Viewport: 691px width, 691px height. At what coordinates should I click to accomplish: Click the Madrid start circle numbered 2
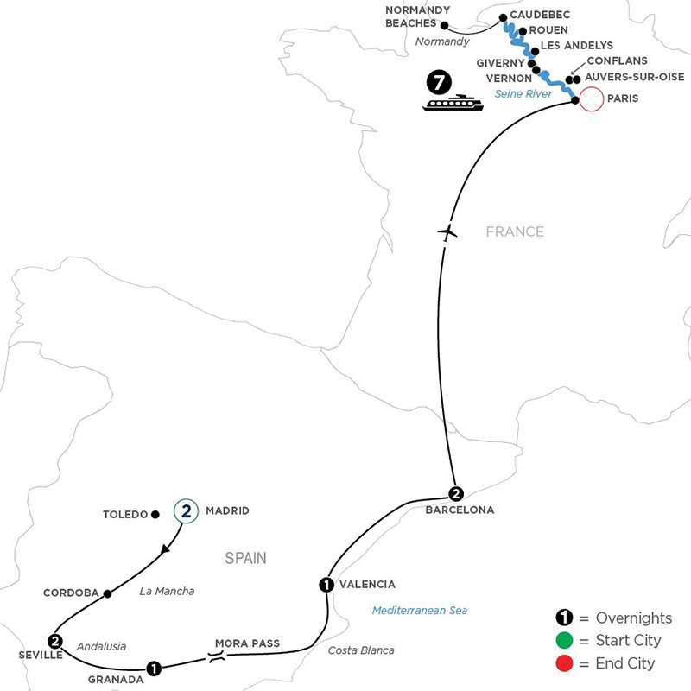click(x=186, y=510)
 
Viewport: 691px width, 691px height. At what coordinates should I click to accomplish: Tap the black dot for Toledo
click(x=155, y=514)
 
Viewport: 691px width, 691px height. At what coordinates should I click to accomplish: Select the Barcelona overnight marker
click(x=456, y=493)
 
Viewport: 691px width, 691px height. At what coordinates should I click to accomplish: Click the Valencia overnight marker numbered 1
click(x=326, y=585)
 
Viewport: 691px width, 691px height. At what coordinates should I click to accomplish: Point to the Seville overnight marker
click(x=54, y=641)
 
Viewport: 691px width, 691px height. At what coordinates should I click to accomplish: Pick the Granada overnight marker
click(x=154, y=669)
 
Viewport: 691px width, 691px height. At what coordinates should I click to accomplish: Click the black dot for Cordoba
click(x=107, y=593)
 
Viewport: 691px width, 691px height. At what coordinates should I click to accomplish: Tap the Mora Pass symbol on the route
click(x=217, y=656)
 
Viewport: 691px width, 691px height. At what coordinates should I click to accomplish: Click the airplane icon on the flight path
click(x=447, y=232)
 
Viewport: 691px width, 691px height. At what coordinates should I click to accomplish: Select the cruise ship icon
click(x=453, y=102)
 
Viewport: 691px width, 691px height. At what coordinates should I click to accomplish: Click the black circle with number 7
click(x=439, y=82)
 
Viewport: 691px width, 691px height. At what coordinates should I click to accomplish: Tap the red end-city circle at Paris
click(x=591, y=98)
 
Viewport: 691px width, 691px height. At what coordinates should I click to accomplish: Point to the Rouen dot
click(x=523, y=31)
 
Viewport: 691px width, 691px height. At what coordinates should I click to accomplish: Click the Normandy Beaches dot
click(x=445, y=26)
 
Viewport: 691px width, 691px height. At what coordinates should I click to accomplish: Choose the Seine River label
click(x=523, y=94)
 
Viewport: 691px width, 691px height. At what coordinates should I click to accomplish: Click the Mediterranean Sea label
click(x=420, y=611)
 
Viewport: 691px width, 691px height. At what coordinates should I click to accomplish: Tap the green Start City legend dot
click(x=564, y=640)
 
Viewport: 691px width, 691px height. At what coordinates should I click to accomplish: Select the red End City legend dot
click(x=564, y=663)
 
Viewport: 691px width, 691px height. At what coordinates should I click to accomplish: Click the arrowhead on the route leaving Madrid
click(x=165, y=549)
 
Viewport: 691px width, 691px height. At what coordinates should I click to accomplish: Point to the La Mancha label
click(x=167, y=591)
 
